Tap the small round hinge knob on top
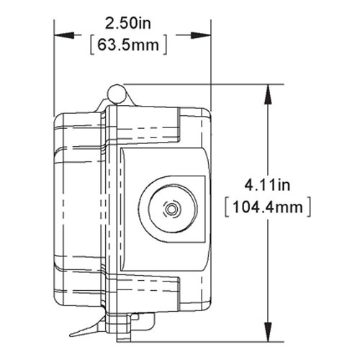click(115, 91)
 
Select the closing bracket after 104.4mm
click(309, 209)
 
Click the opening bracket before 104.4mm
click(228, 209)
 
